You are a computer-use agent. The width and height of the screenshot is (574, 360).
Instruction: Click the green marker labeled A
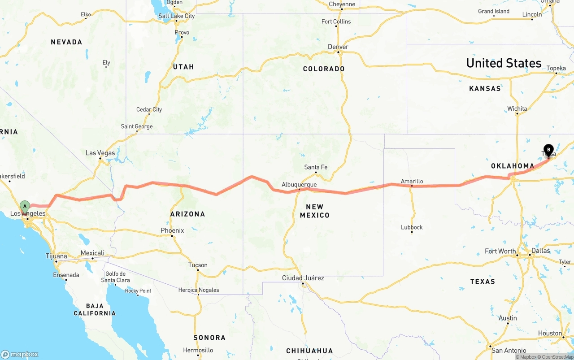pos(25,207)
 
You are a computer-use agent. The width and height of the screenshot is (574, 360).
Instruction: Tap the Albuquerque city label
pos(299,184)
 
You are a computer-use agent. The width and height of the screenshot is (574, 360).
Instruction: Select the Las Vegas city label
pos(100,153)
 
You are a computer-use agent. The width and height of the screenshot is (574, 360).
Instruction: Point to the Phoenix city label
pos(172,230)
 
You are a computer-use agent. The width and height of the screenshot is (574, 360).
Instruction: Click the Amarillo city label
pos(412,181)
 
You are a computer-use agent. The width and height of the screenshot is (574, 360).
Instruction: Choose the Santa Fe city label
pos(316,167)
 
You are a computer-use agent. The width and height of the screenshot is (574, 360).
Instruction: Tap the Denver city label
pos(338,47)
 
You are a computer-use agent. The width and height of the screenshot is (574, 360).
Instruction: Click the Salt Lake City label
pos(177,16)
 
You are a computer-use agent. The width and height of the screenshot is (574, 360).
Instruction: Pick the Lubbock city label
pos(412,227)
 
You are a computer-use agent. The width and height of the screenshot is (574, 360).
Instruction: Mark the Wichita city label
pos(517,108)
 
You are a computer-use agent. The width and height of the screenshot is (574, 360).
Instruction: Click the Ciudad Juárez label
pos(303,278)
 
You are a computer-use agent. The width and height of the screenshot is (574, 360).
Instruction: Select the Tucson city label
pos(198,265)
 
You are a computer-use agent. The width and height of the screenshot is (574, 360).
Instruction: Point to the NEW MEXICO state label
pos(317,211)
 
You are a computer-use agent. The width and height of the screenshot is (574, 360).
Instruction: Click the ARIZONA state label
pos(187,214)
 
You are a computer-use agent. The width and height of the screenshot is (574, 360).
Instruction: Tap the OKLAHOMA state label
pos(513,166)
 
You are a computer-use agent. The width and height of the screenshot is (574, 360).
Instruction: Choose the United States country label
pos(504,63)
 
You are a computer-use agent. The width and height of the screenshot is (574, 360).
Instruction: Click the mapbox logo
pos(20,354)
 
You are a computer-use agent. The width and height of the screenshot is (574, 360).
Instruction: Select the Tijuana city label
pos(57,256)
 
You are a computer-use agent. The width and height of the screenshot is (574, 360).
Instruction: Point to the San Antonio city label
pos(508,350)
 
